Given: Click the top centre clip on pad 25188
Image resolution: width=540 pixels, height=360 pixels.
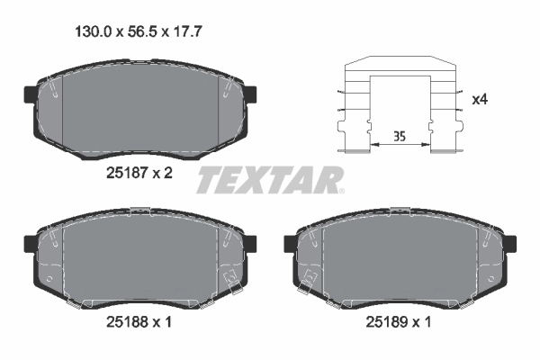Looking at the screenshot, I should coord(139,211).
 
